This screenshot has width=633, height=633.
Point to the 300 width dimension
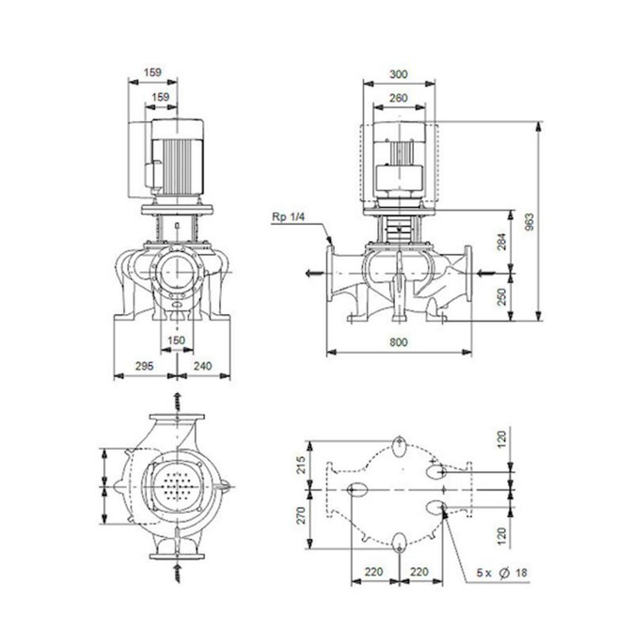(x=398, y=74)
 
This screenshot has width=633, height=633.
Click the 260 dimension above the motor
(x=398, y=98)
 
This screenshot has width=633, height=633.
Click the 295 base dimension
(x=143, y=366)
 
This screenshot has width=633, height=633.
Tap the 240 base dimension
(x=203, y=366)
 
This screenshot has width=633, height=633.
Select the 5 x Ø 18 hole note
(x=501, y=573)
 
